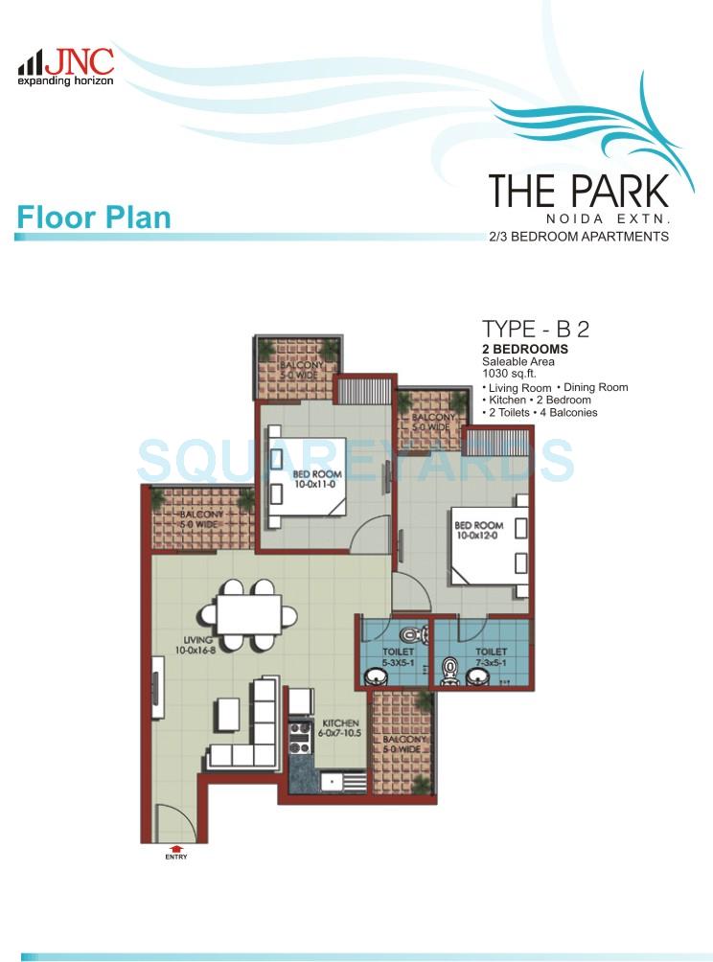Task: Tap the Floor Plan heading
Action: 93,217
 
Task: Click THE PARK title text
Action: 578,190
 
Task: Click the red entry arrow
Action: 175,847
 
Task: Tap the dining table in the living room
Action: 248,614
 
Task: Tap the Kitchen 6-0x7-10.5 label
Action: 340,727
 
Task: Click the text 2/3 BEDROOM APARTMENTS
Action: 578,236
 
